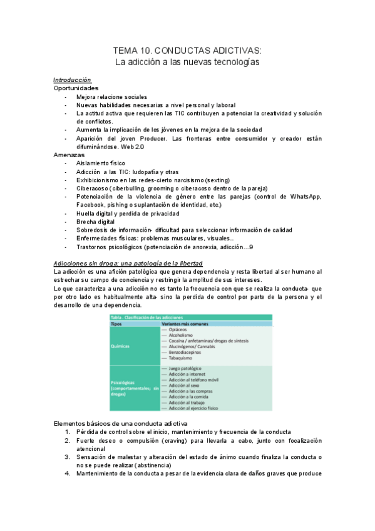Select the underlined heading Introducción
[x=72, y=80]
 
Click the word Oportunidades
[x=76, y=88]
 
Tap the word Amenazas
[x=69, y=154]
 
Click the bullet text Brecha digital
[x=96, y=222]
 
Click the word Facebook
[x=93, y=205]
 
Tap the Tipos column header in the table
[x=116, y=324]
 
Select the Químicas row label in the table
[x=121, y=345]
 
